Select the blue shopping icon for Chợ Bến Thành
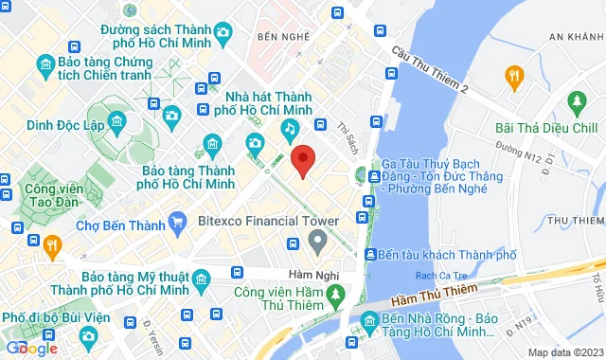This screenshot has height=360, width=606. coord(176,225)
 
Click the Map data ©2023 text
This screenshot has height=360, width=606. coord(564,352)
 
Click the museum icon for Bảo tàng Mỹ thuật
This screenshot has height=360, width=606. coord(201,279)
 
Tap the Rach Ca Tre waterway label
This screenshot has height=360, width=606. coord(437,276)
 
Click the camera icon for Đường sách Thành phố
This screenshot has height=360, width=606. coord(223,36)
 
